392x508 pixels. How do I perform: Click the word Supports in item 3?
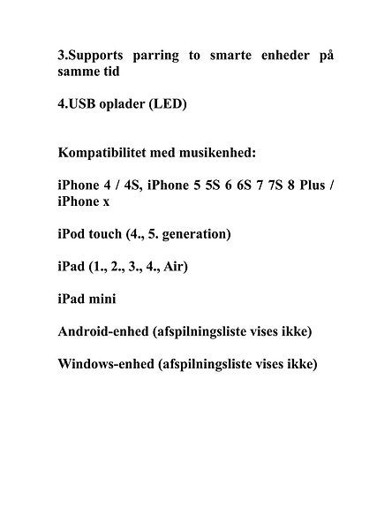pos(102,56)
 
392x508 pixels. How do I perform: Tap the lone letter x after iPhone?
pos(106,201)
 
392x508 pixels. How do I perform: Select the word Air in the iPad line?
pos(176,267)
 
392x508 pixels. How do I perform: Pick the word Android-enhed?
pos(101,332)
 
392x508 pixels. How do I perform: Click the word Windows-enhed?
pos(103,364)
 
